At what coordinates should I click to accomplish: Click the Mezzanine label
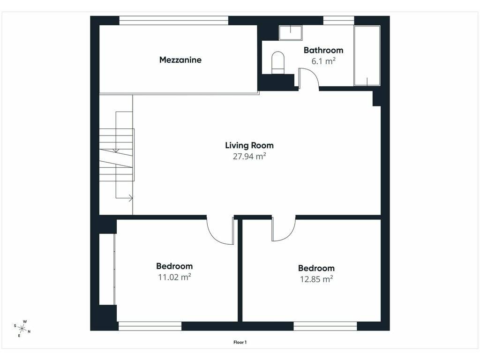click(x=180, y=60)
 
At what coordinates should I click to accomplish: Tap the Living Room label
click(x=249, y=145)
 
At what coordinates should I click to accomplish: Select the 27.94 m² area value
click(x=249, y=156)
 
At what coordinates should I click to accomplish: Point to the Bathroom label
click(x=323, y=50)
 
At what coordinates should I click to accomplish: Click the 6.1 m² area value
click(x=323, y=61)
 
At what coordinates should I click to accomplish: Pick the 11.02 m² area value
click(x=174, y=277)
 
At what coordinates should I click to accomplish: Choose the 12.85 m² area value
click(x=316, y=279)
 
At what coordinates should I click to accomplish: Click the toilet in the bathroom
click(x=278, y=63)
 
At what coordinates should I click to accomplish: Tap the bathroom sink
click(x=291, y=33)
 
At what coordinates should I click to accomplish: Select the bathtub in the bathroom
click(x=367, y=55)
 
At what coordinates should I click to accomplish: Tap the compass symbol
click(x=22, y=329)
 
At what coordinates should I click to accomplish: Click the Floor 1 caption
click(x=240, y=342)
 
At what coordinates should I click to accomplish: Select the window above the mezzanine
click(x=173, y=21)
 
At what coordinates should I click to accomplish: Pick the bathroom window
click(x=338, y=21)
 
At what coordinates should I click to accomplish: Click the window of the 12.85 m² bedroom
click(x=325, y=326)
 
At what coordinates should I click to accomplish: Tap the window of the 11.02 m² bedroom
click(x=150, y=326)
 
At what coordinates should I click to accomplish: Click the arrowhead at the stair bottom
click(x=131, y=198)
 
